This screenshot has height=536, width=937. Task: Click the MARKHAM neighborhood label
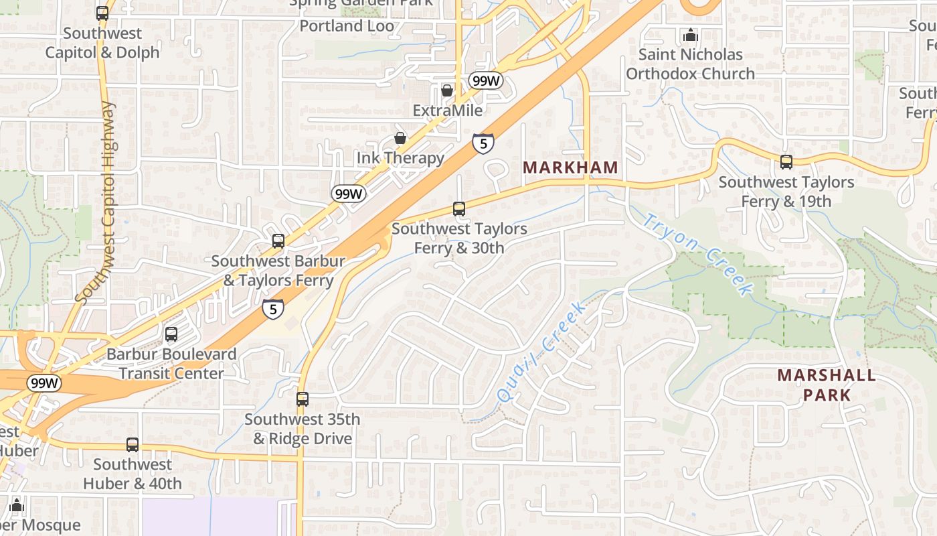(570, 167)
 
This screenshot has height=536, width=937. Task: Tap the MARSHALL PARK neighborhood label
(827, 385)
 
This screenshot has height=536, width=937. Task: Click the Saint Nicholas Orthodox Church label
(690, 64)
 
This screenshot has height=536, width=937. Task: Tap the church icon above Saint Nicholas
(690, 35)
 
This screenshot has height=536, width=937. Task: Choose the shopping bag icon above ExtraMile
(447, 90)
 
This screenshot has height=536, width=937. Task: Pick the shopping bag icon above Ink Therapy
(400, 138)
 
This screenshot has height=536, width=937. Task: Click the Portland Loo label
(347, 25)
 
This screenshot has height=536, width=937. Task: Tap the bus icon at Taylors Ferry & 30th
(459, 208)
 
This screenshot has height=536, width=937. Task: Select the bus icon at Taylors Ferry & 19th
(786, 161)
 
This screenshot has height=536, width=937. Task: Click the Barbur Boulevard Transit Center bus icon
(171, 334)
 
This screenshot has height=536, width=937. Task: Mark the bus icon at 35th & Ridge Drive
(303, 399)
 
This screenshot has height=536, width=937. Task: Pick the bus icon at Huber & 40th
(133, 444)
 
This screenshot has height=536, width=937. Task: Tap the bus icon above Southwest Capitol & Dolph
(102, 13)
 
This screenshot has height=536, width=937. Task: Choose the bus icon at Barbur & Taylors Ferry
(278, 241)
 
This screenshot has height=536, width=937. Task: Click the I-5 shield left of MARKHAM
(483, 143)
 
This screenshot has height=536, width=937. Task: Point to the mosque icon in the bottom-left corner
(17, 505)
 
